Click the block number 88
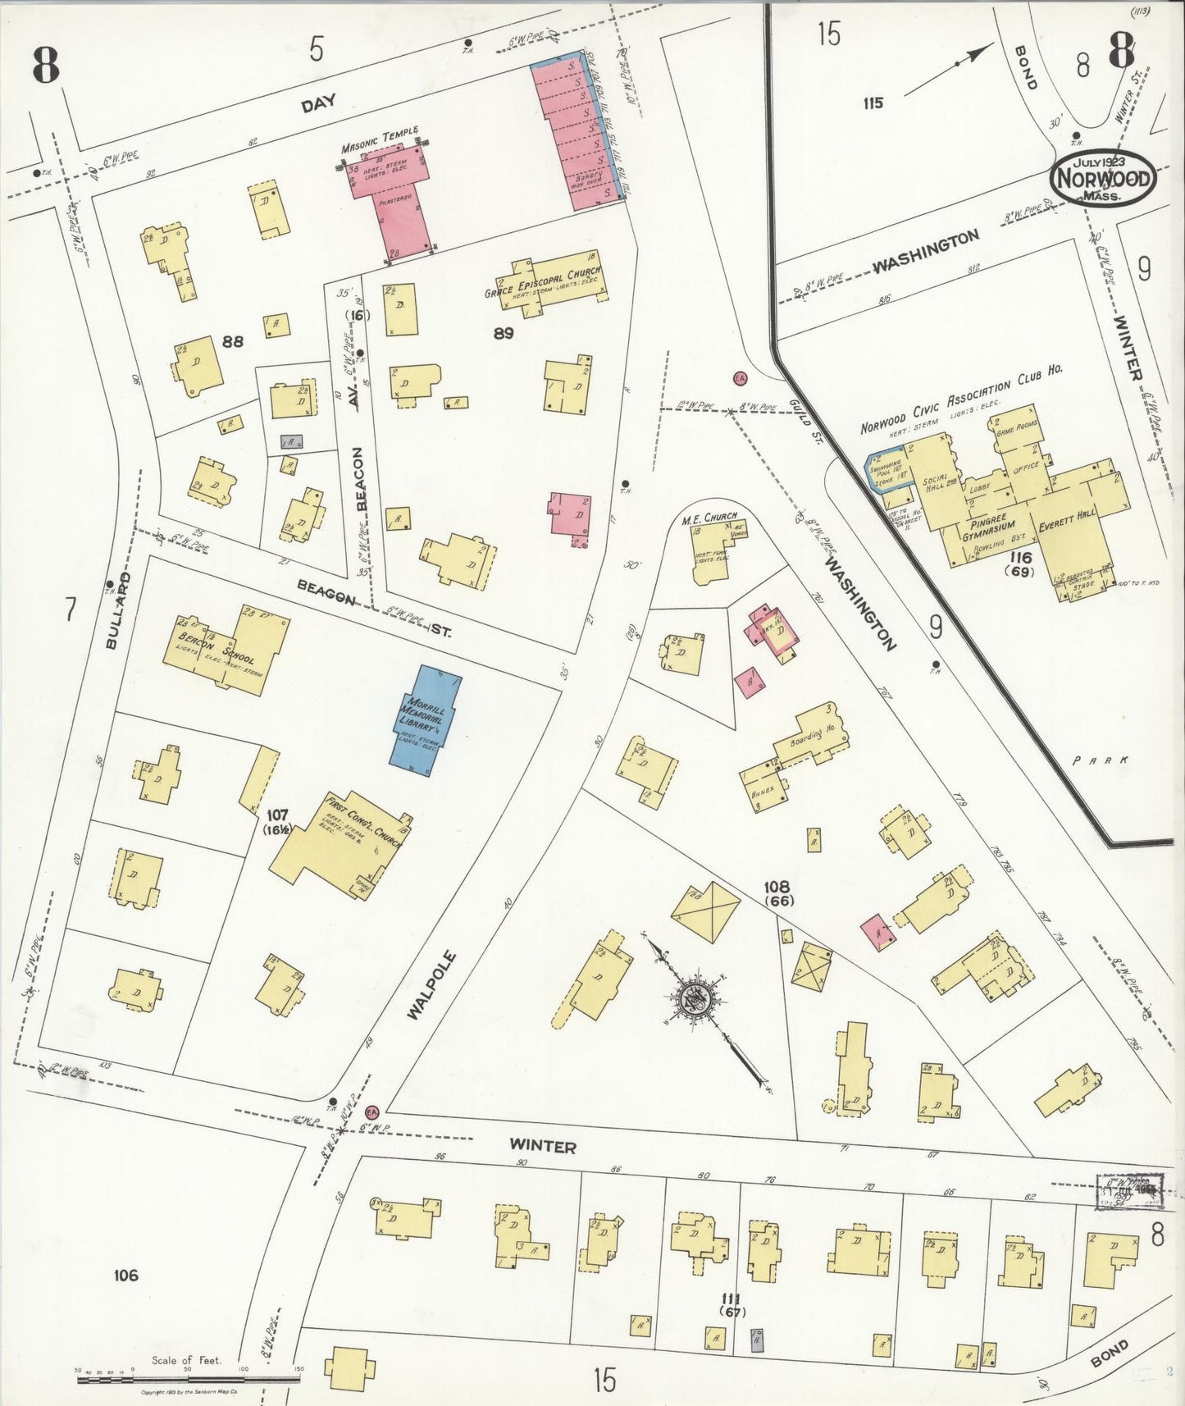coord(234,342)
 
